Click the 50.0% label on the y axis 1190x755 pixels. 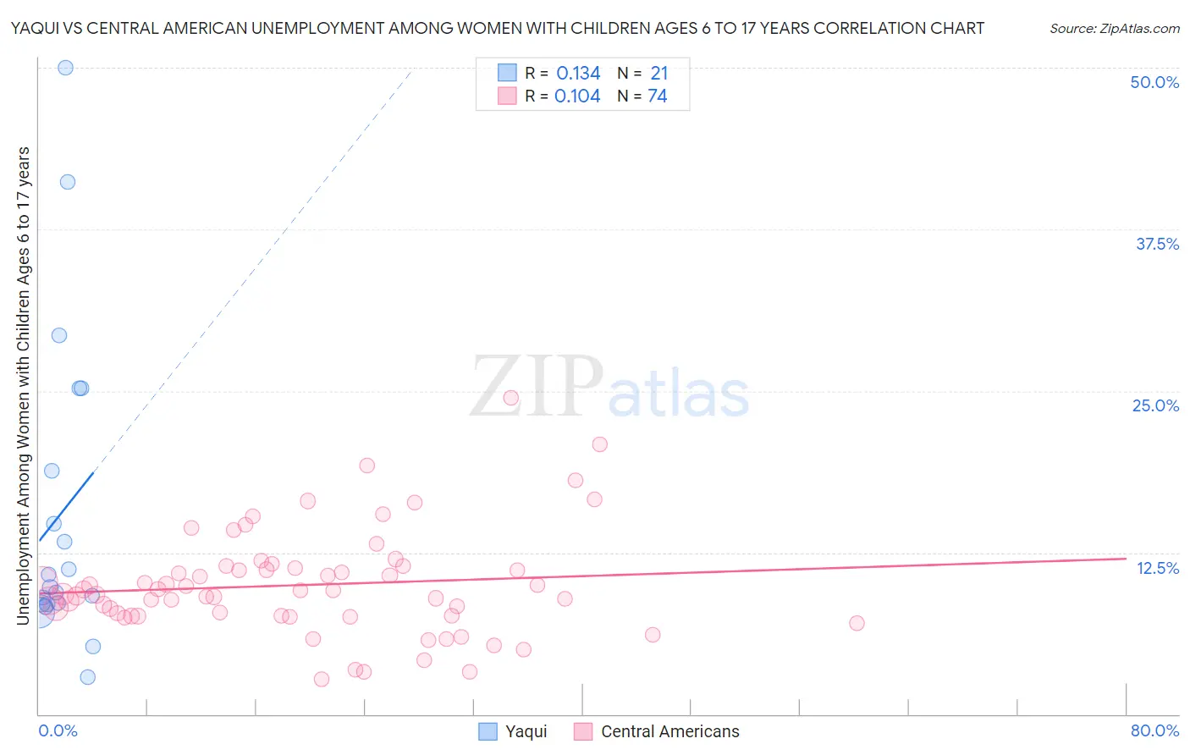coord(1154,82)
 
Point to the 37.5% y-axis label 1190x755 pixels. coord(1156,244)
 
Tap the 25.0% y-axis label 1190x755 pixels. coord(1154,405)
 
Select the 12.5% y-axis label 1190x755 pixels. coord(1156,568)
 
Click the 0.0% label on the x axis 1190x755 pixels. coord(58,730)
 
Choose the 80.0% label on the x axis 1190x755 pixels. coord(1154,730)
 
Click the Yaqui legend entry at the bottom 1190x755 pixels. coord(513,731)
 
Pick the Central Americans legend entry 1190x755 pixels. coord(656,731)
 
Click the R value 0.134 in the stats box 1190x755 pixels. coord(578,74)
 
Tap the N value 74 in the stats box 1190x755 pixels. coord(658,96)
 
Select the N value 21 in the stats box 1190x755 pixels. coord(659,74)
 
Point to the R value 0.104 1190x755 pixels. coord(577,96)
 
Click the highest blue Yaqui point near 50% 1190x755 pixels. coord(65,68)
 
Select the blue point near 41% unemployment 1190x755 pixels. coord(68,182)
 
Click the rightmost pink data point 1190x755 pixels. coord(857,623)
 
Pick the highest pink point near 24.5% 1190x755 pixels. coord(510,398)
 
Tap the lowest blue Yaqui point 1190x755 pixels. coord(87,677)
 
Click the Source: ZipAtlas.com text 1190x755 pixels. coord(1114,29)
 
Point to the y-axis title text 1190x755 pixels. coord(24,385)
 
